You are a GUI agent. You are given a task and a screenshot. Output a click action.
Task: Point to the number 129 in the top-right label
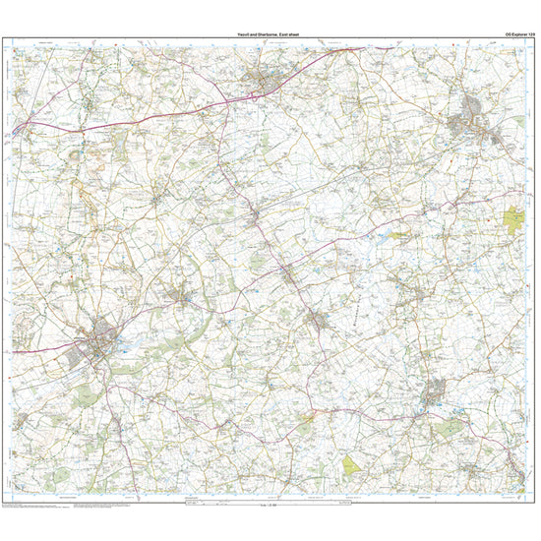531,34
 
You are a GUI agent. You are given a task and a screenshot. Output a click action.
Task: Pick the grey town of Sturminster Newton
436,396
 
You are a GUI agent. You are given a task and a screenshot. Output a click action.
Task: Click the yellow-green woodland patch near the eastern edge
514,219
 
